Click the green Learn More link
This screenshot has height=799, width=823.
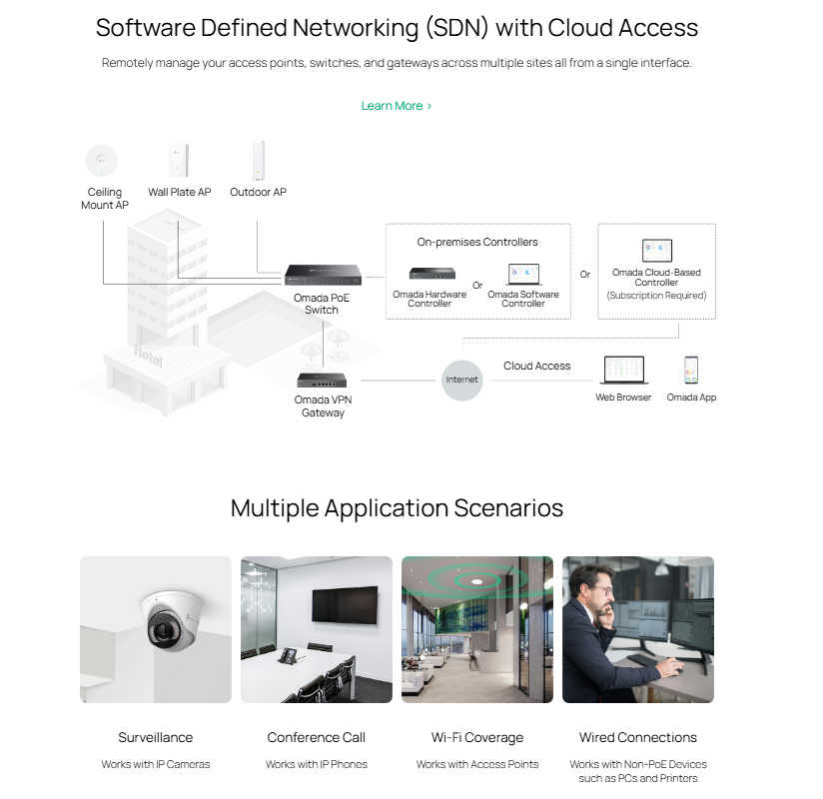(x=396, y=106)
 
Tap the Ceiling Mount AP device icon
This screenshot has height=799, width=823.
(x=101, y=159)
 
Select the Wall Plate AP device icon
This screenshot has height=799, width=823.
(x=180, y=160)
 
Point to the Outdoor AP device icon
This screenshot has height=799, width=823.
(x=258, y=161)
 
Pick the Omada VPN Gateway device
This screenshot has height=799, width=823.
(x=322, y=380)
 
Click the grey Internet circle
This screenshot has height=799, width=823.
(x=462, y=380)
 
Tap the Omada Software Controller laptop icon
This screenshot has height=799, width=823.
(x=523, y=275)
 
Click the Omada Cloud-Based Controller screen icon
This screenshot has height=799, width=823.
(x=656, y=251)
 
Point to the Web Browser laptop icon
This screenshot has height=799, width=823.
(x=623, y=371)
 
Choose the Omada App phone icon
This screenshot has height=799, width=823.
(x=691, y=371)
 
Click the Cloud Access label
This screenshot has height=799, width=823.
(x=536, y=367)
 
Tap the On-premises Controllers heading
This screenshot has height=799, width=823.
(x=477, y=242)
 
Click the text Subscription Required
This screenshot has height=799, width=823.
(x=656, y=296)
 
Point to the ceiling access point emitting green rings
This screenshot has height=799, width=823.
(x=478, y=579)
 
